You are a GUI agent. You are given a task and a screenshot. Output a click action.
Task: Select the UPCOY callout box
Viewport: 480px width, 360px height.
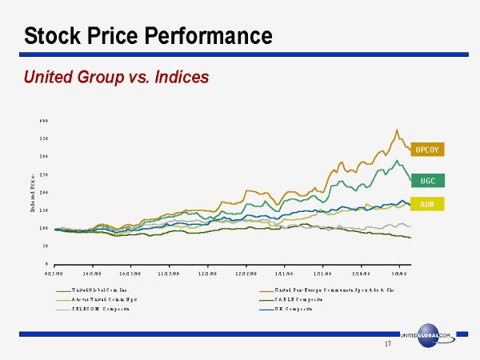click(428, 150)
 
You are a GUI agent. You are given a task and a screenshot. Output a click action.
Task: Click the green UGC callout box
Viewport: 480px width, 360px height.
click(428, 181)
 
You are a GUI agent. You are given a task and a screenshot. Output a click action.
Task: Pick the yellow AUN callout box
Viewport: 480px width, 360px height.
click(427, 204)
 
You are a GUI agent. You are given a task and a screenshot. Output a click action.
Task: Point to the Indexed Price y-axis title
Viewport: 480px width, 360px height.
click(33, 192)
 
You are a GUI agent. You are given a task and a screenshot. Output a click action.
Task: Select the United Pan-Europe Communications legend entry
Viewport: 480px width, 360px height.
click(320, 289)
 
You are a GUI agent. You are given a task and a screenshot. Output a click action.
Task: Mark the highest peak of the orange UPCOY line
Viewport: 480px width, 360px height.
click(397, 130)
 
